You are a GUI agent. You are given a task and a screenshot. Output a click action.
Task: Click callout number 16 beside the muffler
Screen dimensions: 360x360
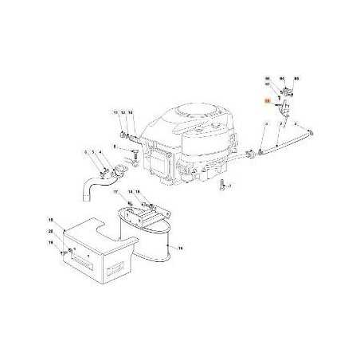point(180,249)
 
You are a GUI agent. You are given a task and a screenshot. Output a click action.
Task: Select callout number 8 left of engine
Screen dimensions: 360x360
point(115,147)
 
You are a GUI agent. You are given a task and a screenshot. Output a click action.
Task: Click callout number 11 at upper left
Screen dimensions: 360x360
point(115,112)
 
